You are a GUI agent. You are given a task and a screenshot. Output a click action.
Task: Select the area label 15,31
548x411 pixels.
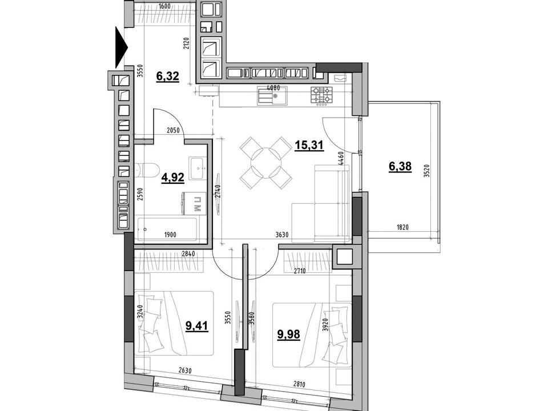[309, 144]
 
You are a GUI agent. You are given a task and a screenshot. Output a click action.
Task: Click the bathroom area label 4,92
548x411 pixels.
[172, 178]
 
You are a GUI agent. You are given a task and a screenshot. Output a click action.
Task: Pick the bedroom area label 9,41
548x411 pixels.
[197, 326]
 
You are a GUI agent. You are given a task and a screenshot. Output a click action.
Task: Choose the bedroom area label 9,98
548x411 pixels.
[289, 334]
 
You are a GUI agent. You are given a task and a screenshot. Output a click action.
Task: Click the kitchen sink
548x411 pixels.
[272, 95]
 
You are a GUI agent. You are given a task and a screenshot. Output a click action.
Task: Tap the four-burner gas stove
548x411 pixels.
[321, 95]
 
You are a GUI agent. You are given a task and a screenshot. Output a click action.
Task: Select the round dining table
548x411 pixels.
[266, 163]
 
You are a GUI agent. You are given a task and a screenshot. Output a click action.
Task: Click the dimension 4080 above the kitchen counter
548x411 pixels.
[273, 88]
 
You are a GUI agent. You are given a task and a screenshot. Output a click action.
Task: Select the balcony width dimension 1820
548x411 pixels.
[402, 227]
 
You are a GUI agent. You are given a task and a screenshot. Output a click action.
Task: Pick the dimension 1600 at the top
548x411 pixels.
[164, 6]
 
